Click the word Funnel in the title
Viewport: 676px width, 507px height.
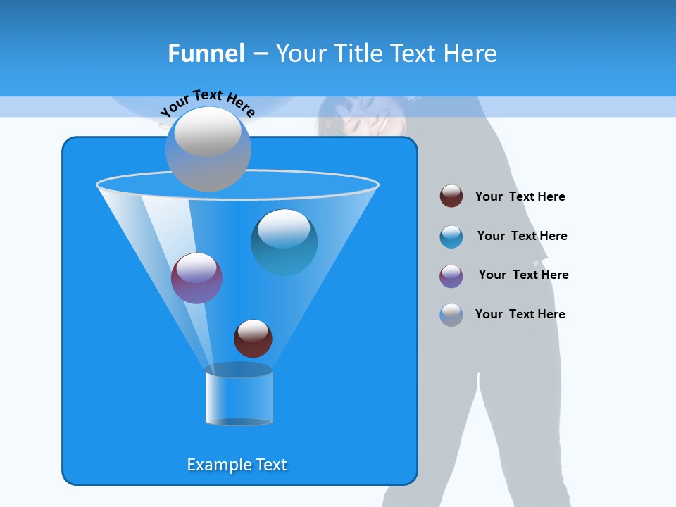[206, 54]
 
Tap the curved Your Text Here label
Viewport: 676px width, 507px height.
[207, 103]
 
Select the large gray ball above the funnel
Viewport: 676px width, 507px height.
[208, 149]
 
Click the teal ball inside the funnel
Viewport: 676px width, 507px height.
[284, 242]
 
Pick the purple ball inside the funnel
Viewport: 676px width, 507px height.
[196, 278]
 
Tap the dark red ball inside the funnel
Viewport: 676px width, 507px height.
[253, 338]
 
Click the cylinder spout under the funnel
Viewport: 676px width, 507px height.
[239, 396]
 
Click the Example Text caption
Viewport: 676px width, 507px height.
[237, 465]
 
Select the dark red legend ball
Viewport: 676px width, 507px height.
[451, 196]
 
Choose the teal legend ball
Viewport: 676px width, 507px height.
[451, 237]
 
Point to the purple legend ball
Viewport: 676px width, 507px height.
[451, 276]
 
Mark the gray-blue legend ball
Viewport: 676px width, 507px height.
[451, 315]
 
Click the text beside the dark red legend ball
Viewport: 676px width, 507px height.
[520, 196]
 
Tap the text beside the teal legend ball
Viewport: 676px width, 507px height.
[522, 236]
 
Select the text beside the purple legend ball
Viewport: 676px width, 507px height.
[523, 275]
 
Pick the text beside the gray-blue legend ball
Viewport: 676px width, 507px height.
[520, 314]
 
